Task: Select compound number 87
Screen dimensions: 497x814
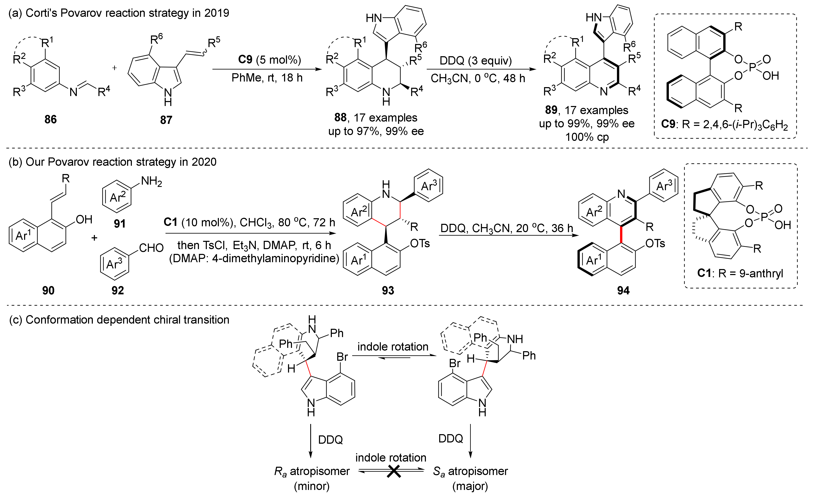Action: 166,120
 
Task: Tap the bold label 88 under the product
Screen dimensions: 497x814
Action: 340,117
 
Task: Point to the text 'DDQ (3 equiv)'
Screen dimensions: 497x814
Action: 476,60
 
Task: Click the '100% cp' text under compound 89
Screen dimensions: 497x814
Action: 587,137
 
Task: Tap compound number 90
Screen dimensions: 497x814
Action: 48,290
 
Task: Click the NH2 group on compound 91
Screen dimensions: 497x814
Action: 151,181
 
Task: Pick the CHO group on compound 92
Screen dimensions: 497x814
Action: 151,248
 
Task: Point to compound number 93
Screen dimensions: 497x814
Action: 388,290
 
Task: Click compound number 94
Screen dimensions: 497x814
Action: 623,290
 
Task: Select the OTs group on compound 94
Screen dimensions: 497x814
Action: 655,244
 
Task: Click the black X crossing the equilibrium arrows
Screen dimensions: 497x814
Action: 394,471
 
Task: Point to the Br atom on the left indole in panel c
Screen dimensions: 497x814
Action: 342,357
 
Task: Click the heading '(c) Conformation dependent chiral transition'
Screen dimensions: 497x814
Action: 119,320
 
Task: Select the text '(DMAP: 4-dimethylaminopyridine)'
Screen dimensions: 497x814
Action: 254,258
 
